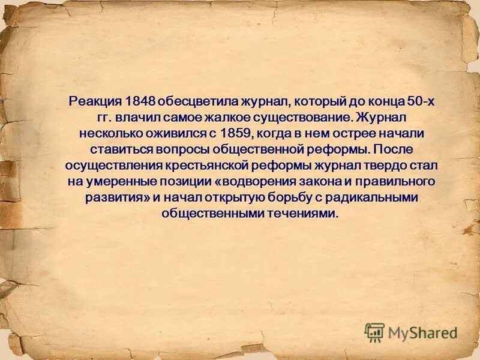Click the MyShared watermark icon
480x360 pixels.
coord(375,332)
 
